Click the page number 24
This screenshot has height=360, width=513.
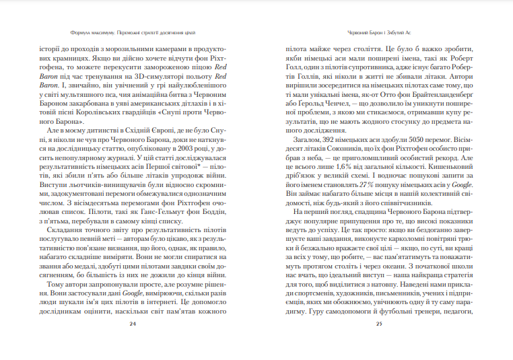coord(133,324)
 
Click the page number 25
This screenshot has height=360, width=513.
coord(379,324)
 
